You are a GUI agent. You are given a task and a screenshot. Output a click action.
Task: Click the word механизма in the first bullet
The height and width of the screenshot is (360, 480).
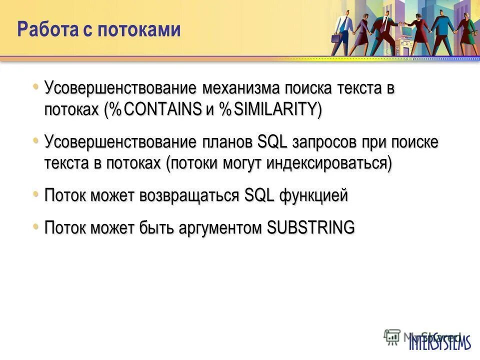pos(241,88)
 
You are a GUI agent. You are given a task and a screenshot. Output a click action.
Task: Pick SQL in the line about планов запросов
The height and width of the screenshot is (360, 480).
pos(272,142)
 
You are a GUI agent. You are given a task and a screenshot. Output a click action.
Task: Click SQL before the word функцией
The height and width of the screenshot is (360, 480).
pos(259,195)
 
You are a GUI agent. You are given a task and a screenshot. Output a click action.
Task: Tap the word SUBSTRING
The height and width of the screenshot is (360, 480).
pos(310,227)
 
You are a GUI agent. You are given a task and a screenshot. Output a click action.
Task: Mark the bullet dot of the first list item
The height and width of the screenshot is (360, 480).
pos(35,87)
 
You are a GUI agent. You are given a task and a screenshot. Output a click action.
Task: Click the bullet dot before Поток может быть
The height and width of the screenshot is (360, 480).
pos(35,226)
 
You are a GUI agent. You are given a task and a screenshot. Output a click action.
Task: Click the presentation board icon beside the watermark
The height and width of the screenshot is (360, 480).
pos(392,336)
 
